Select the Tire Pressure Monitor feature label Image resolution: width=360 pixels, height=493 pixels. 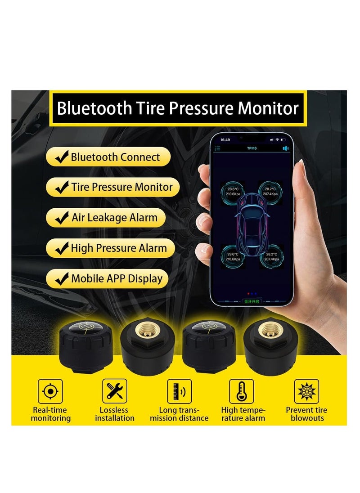click(121, 187)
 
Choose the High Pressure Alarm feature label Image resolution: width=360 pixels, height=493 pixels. click(119, 248)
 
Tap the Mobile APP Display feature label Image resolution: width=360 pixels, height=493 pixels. click(117, 278)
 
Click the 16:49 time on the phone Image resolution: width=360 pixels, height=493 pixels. click(225, 140)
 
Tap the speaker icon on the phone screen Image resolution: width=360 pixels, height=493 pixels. click(285, 148)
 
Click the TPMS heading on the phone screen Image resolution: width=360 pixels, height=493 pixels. click(252, 148)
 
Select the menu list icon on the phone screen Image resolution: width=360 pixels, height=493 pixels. click(218, 148)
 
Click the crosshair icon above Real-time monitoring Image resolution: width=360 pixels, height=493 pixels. click(50, 391)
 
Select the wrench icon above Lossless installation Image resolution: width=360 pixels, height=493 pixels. click(115, 391)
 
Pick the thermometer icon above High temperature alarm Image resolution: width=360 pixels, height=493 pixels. click(242, 391)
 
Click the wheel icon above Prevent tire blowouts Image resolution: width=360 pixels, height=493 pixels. click(306, 391)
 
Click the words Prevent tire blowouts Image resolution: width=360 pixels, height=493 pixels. click(306, 414)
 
